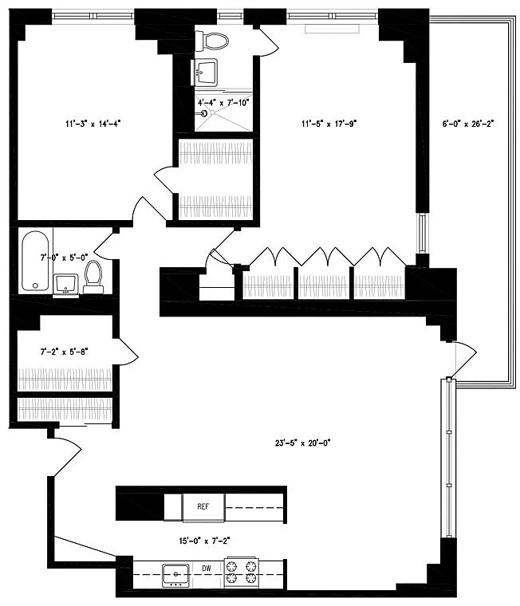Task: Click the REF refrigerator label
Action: click(x=203, y=506)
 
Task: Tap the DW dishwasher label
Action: click(x=207, y=568)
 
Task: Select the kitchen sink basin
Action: click(x=176, y=575)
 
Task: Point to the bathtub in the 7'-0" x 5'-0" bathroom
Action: click(x=35, y=261)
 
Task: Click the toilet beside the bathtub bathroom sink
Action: click(x=93, y=277)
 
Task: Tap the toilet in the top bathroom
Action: click(x=212, y=41)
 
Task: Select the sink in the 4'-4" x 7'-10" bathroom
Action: click(x=204, y=73)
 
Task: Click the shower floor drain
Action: click(x=212, y=112)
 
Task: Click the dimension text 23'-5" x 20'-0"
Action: click(x=303, y=443)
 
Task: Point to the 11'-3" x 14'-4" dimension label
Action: click(x=93, y=124)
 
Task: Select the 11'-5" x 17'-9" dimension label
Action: click(x=329, y=124)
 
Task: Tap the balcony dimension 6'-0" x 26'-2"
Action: click(x=468, y=124)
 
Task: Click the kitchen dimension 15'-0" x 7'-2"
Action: click(x=204, y=541)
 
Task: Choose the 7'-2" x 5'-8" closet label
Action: click(x=64, y=352)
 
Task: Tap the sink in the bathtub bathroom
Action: click(x=65, y=285)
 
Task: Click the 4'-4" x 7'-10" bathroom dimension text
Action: click(x=223, y=103)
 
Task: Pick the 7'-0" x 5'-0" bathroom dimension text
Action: click(x=64, y=258)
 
